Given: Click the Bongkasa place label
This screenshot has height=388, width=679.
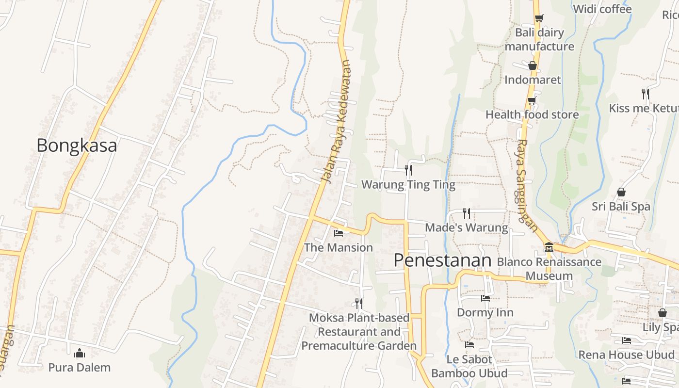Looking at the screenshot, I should point(77,145).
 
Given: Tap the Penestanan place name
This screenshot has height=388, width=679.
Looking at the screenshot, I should point(442,260).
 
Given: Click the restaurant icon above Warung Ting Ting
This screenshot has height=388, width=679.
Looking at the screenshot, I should point(408,170).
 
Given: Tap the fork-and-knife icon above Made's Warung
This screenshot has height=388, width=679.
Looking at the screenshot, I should point(467,213).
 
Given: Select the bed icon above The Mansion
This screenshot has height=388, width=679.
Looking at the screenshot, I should point(339,233).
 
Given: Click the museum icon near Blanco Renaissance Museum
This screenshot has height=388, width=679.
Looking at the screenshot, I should point(549,247).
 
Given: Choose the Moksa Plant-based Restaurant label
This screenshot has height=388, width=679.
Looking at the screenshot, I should point(359,332).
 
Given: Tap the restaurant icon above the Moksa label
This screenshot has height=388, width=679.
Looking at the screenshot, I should point(359,303).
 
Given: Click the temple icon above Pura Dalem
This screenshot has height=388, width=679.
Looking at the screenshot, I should point(80,353).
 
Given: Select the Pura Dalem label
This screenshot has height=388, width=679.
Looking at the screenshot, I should point(80,367).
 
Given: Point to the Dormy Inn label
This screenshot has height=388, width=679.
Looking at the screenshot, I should point(485,312).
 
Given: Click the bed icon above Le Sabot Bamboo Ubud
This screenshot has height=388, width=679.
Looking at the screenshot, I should point(469,345).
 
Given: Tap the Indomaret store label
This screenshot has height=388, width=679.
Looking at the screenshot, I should point(533,80).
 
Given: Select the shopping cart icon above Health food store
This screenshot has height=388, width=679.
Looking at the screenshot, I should point(532,100).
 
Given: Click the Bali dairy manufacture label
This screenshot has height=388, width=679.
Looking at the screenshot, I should point(539,39).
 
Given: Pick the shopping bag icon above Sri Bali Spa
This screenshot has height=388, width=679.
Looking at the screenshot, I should point(621,192).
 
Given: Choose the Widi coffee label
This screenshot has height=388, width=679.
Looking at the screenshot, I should point(602,9).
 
